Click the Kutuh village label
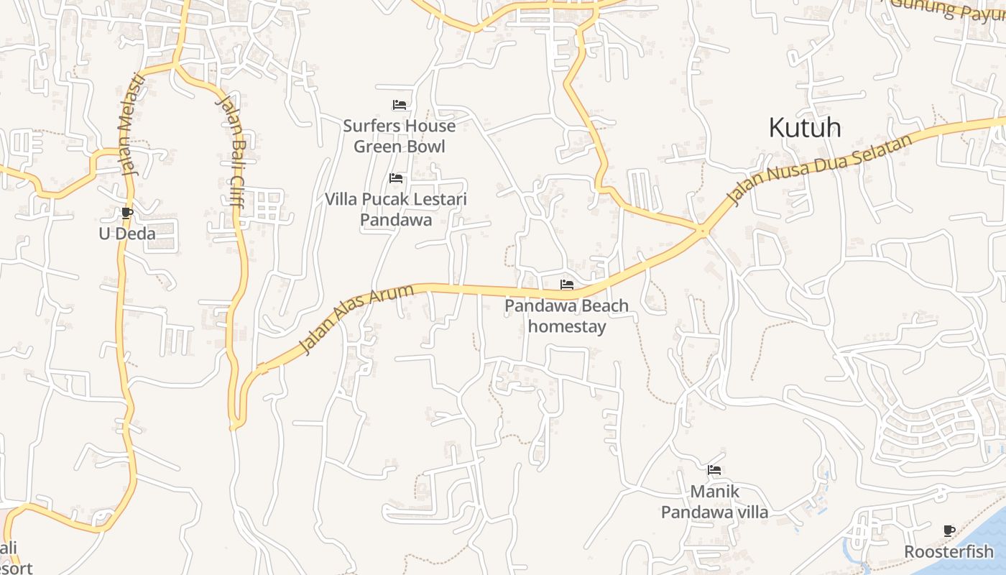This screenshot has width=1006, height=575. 805,128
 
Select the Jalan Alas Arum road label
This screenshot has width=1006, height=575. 356,319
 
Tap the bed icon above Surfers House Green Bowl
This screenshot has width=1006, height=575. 400,105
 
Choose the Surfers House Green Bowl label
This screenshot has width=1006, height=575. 399,136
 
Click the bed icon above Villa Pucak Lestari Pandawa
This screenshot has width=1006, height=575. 396,178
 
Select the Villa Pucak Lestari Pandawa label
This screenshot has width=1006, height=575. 396,209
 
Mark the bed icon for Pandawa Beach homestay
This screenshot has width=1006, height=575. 567,285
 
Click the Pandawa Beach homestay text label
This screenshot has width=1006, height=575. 567,316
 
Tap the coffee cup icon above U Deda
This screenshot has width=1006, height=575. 127,213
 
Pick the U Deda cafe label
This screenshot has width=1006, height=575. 127,233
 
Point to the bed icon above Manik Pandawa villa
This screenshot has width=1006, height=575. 714,470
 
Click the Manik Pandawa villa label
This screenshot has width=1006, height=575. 714,502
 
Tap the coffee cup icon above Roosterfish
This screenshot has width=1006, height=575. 949,531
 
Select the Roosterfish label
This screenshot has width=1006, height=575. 949,552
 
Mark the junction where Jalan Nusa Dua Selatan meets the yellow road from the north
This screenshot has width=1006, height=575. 702,230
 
